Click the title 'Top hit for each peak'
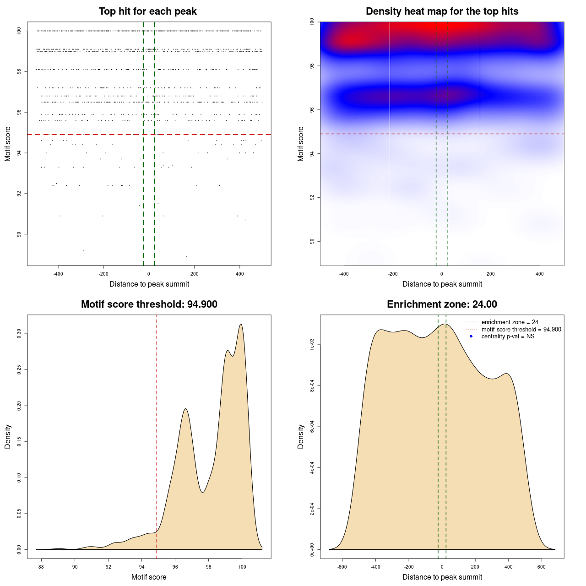147,11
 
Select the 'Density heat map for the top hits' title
442,11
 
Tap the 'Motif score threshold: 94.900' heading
149,304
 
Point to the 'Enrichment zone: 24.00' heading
442,304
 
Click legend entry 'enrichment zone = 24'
510,322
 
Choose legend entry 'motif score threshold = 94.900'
521,330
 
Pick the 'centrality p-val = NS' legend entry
508,336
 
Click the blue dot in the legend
471,336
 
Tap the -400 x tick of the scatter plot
58,274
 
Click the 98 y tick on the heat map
312,66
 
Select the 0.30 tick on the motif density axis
19,334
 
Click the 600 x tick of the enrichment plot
542,567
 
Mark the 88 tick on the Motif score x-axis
41,567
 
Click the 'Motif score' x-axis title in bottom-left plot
149,577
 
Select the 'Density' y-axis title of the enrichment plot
301,436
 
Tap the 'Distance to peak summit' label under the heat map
442,284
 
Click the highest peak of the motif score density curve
241,325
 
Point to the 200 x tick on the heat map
491,274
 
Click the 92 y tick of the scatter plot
19,194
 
